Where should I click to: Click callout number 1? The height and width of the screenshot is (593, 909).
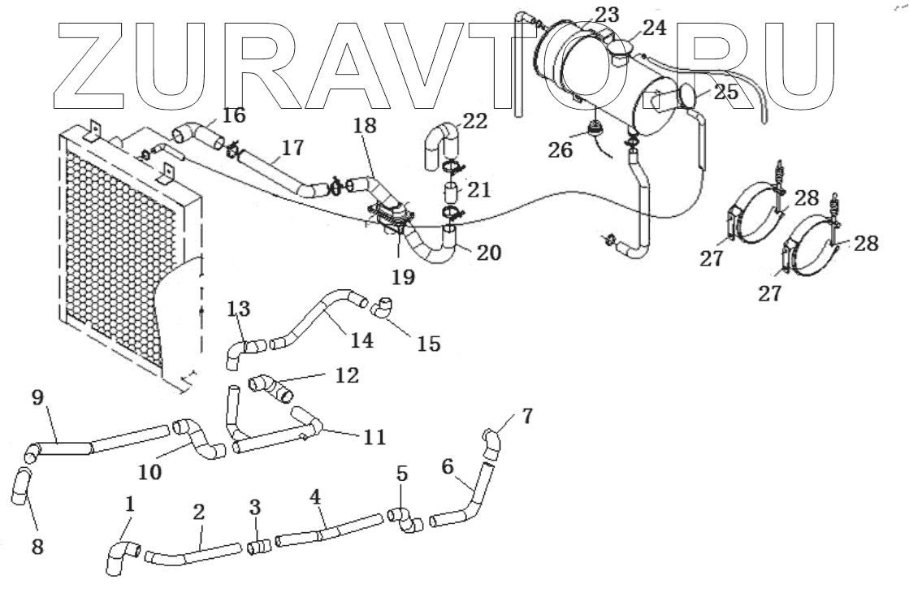128,505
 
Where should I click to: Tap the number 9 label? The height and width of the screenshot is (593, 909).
36,398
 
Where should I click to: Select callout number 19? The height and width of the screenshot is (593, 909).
403,276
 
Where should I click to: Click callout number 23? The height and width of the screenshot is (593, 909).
607,14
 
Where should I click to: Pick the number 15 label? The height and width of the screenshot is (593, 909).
428,343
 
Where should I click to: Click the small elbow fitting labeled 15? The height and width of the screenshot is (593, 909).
383,309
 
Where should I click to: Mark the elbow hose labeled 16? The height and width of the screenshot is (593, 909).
192,132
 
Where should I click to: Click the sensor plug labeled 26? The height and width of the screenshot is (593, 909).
594,129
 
